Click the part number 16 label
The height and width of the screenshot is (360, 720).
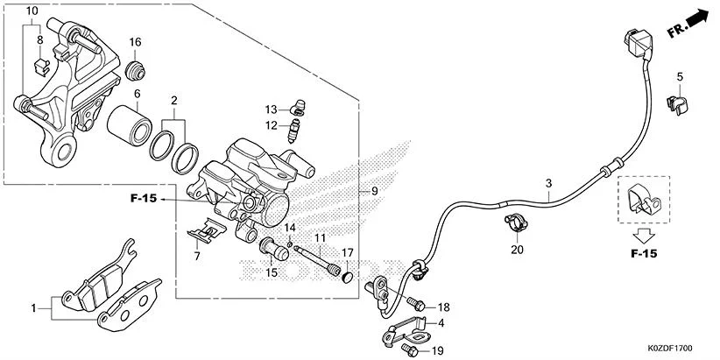pyautogui.click(x=136, y=42)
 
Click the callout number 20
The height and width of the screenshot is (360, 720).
pyautogui.click(x=516, y=250)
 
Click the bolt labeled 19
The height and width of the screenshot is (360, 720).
pyautogui.click(x=411, y=349)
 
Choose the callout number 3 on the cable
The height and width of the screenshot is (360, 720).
pyautogui.click(x=548, y=184)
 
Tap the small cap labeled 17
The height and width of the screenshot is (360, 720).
pyautogui.click(x=348, y=278)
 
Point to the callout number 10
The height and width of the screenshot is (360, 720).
pyautogui.click(x=32, y=11)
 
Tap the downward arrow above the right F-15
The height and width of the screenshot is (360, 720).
pyautogui.click(x=643, y=234)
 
